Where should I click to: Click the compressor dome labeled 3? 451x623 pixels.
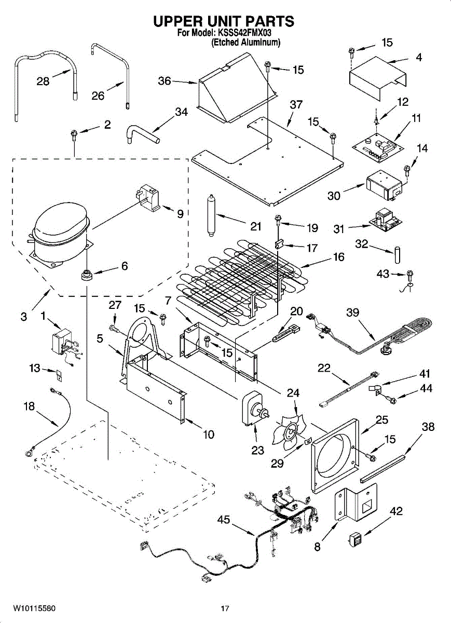pos(60,233)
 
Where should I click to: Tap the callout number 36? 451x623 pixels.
pos(165,81)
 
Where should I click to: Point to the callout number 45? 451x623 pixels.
pos(224,519)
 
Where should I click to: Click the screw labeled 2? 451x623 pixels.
pos(74,136)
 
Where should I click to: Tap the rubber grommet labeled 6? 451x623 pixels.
pos(87,275)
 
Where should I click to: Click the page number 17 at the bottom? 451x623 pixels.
pos(225,608)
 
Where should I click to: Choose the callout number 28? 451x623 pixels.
pos(43,82)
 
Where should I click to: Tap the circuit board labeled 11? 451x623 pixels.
pos(377,149)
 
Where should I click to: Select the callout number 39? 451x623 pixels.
pos(352,313)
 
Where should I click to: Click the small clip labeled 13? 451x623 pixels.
pos(59,374)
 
